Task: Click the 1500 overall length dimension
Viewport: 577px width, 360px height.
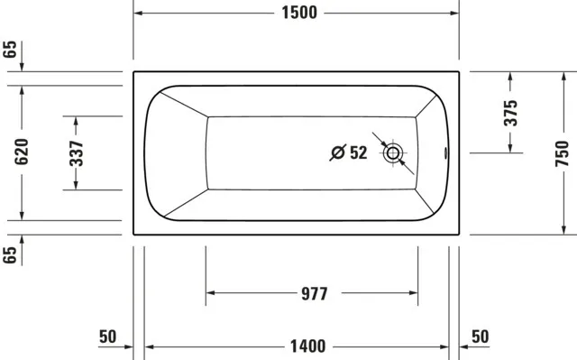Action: pyautogui.click(x=297, y=14)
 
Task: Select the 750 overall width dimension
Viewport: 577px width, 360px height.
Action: pyautogui.click(x=562, y=152)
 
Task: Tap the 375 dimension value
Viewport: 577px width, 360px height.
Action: pyautogui.click(x=510, y=112)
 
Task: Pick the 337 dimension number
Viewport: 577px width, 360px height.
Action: pyautogui.click(x=77, y=152)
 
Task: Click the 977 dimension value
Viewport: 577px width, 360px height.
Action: pyautogui.click(x=311, y=293)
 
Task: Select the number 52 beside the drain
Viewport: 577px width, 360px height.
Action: pyautogui.click(x=358, y=153)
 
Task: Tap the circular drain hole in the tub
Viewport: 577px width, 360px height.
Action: pyautogui.click(x=393, y=153)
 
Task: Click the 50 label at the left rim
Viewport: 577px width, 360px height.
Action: pyautogui.click(x=107, y=337)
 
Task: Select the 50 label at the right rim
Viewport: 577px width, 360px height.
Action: pyautogui.click(x=480, y=337)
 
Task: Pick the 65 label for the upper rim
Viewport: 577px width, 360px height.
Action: pyautogui.click(x=11, y=49)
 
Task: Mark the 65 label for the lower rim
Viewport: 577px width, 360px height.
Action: pyautogui.click(x=11, y=255)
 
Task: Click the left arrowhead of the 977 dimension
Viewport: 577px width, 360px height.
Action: pyautogui.click(x=212, y=293)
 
